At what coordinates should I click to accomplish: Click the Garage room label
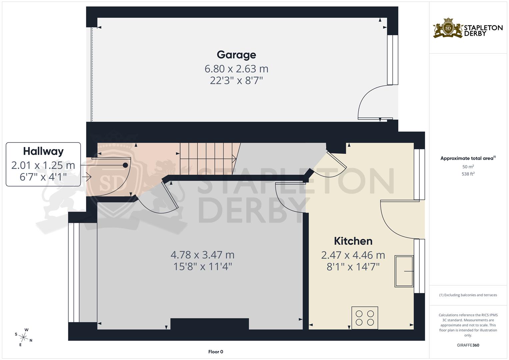(236, 55)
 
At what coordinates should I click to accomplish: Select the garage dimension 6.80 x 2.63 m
(236, 69)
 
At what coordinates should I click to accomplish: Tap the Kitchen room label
(353, 241)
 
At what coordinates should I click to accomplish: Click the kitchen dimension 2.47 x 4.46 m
(353, 255)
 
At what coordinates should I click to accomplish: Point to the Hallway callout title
(43, 151)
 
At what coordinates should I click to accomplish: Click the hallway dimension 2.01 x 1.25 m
(43, 165)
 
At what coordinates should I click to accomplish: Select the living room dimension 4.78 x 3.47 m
(202, 255)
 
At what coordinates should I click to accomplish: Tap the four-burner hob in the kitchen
(365, 318)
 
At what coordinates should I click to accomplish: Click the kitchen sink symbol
(404, 271)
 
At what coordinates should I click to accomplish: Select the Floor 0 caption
(216, 352)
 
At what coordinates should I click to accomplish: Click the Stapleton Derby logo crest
(448, 28)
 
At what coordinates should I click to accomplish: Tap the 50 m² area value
(468, 167)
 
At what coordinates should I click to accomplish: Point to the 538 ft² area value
(468, 174)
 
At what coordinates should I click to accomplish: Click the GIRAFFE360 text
(468, 345)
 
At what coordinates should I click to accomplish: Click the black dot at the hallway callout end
(126, 165)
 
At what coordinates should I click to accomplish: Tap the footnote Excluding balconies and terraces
(468, 295)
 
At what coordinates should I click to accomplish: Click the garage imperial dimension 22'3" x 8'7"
(236, 80)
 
